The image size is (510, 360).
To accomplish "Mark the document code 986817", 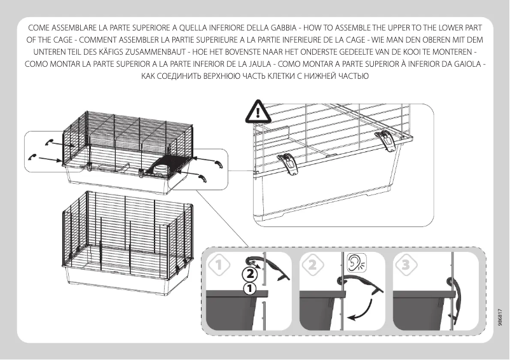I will pyautogui.click(x=501, y=314).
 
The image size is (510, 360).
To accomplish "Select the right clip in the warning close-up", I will pyautogui.click(x=385, y=141).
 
